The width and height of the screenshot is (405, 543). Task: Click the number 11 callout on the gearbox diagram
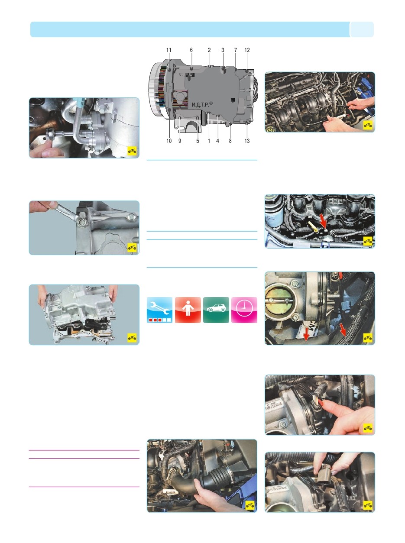[x=169, y=50]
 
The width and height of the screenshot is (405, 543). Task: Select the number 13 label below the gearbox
[x=247, y=141]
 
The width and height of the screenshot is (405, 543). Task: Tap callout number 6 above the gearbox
[x=191, y=50]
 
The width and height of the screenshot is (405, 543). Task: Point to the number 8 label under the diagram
[x=230, y=141]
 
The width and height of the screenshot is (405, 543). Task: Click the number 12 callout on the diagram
[x=247, y=50]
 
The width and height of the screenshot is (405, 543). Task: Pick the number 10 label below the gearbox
[x=169, y=141]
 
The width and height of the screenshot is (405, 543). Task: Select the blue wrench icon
[x=159, y=310]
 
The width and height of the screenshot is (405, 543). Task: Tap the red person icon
[x=188, y=310]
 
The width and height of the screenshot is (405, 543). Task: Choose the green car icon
[x=216, y=310]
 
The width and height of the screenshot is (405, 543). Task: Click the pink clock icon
[x=244, y=310]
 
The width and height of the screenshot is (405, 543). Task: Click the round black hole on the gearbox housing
[x=233, y=100]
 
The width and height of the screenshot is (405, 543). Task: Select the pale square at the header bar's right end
[x=362, y=29]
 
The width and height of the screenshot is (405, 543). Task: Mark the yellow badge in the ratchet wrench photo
[x=132, y=151]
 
